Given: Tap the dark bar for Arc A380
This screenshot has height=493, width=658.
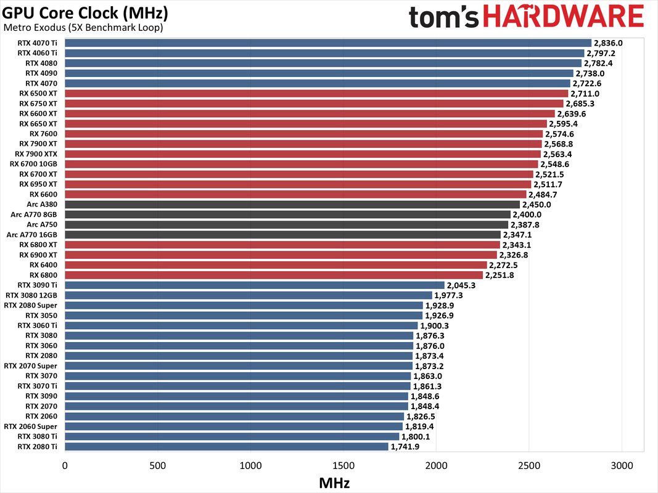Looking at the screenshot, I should tap(292, 205).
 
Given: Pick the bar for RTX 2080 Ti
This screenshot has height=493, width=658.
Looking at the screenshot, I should tap(226, 446).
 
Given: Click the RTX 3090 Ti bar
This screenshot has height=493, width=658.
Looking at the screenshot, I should tap(254, 285).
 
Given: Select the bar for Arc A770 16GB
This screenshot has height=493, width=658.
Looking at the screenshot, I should tap(282, 235).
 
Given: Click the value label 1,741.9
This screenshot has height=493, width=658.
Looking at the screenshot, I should tap(405, 446).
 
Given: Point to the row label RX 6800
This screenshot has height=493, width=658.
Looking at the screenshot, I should tap(43, 275).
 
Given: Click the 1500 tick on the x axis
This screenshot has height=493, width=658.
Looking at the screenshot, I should tap(343, 465).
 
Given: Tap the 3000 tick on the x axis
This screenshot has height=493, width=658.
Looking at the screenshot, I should tap(622, 465).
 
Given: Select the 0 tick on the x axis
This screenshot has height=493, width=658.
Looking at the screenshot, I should tap(65, 465).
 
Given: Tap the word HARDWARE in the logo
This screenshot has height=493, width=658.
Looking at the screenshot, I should tap(563, 17).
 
